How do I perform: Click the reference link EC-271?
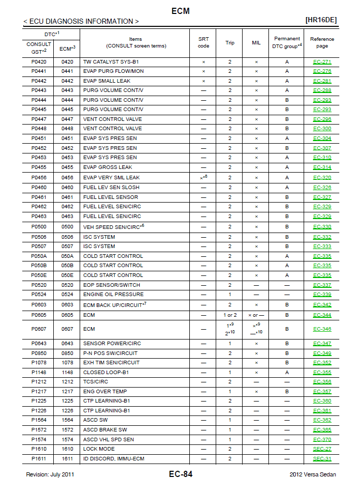click(322, 62)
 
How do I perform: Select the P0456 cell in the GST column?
click(39, 177)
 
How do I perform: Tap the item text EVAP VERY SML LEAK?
click(111, 177)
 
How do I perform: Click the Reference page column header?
click(322, 42)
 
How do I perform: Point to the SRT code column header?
click(203, 42)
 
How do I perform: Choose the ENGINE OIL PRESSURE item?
click(113, 295)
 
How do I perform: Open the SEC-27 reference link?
click(322, 449)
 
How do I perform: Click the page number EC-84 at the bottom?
click(181, 474)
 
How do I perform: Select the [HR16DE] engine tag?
click(321, 20)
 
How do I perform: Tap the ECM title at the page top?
click(180, 11)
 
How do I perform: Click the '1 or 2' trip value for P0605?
click(230, 315)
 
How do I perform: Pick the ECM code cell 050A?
click(67, 256)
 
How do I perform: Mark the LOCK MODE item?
click(99, 449)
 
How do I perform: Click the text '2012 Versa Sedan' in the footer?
click(312, 474)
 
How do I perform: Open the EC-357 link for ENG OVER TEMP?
click(322, 392)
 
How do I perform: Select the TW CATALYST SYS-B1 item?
click(111, 62)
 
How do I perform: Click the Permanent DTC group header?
click(287, 42)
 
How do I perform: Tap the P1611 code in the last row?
click(39, 459)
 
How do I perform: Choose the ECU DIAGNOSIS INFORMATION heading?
click(81, 21)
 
